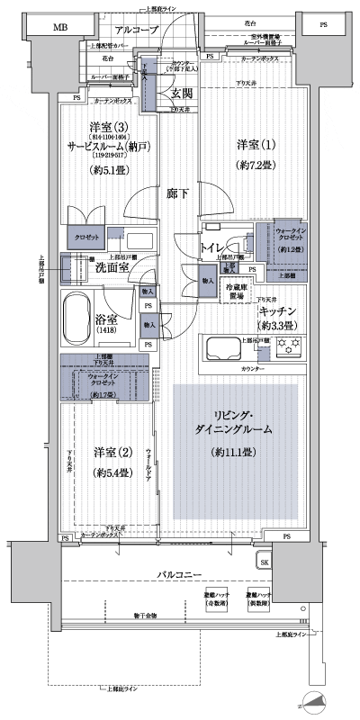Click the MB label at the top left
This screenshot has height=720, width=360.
[x=59, y=29]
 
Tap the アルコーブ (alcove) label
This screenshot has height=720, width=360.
[x=137, y=29]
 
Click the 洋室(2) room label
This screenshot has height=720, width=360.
[x=113, y=450]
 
